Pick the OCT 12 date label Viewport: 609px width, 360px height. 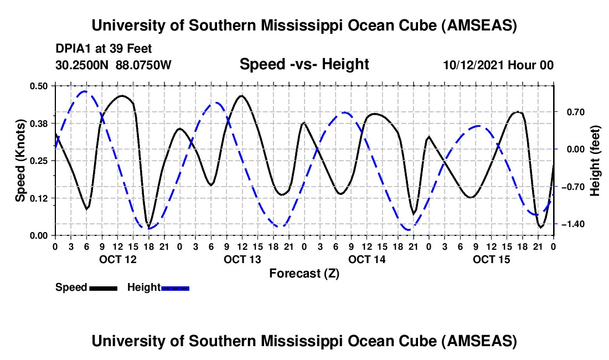117,259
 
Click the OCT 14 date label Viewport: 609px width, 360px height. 367,259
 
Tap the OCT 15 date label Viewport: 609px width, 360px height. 492,259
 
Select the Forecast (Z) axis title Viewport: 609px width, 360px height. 304,273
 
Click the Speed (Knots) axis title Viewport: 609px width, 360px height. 20,161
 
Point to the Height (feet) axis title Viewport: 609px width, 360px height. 595,161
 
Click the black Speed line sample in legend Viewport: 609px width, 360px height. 103,287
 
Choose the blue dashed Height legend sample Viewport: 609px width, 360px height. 175,287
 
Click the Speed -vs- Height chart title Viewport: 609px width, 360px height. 304,65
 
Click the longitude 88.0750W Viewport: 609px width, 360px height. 144,65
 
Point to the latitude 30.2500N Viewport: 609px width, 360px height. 82,65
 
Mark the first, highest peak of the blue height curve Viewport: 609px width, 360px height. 84,91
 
